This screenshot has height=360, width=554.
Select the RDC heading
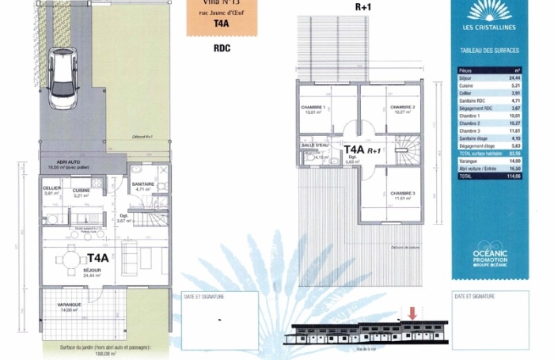coord(222,47)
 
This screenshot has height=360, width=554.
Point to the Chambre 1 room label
coord(313,108)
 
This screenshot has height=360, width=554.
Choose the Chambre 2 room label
coord(403,108)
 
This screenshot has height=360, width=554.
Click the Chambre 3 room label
coord(403,195)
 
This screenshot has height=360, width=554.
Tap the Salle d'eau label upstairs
coord(314,146)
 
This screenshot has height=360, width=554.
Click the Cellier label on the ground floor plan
coord(52,189)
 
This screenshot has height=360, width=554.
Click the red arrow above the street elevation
coord(411,315)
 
